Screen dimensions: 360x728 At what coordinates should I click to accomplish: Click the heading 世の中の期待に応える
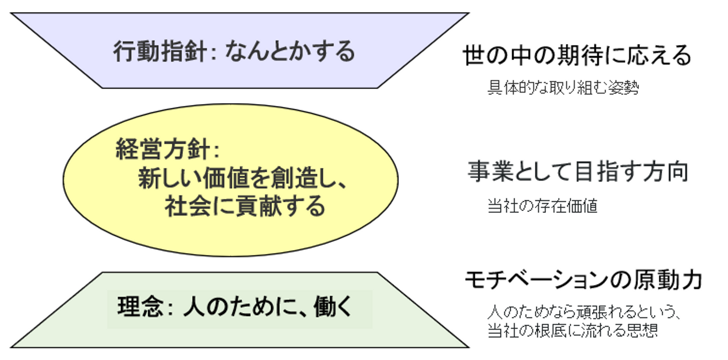(x=577, y=56)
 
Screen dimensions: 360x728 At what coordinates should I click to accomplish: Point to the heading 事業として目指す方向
(x=578, y=172)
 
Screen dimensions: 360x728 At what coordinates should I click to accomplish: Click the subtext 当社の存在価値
(x=542, y=206)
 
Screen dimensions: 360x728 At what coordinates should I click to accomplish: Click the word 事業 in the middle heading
(x=484, y=172)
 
